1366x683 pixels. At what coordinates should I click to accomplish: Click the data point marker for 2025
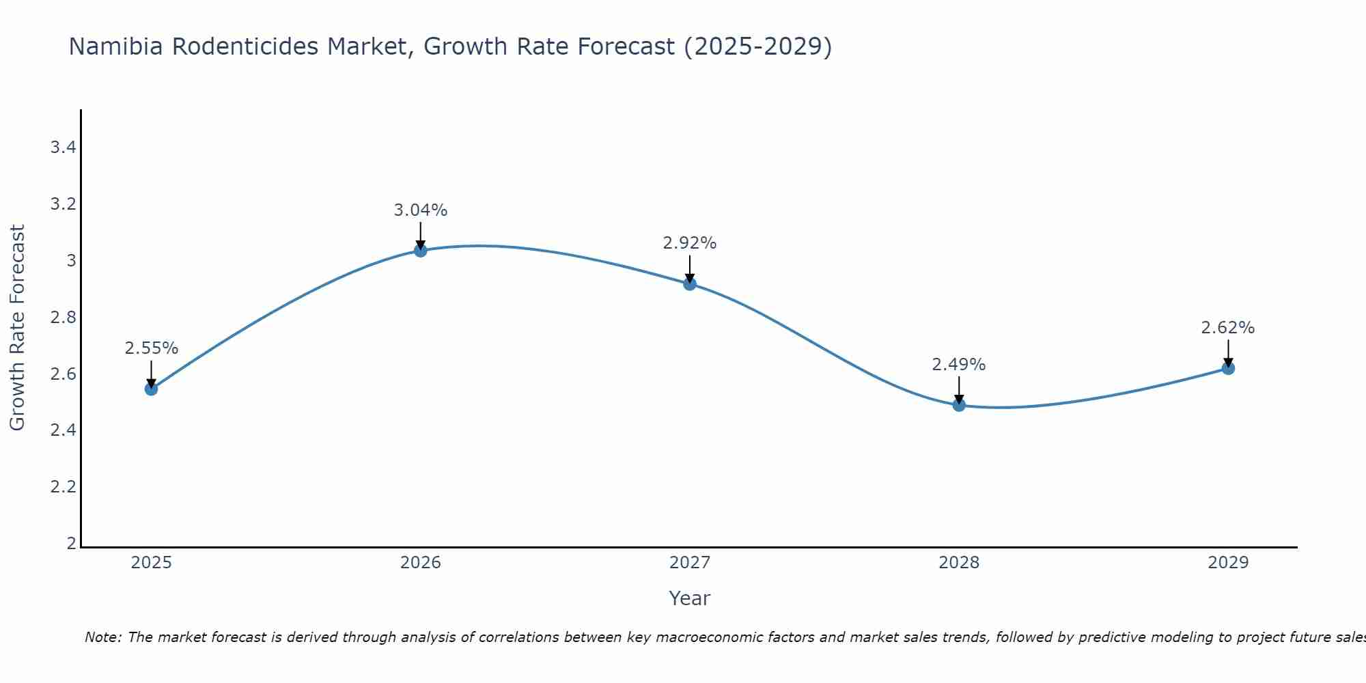[151, 389]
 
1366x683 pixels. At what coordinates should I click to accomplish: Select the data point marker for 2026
[421, 251]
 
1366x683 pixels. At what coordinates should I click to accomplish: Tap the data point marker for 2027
[690, 283]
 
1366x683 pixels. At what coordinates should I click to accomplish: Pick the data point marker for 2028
[959, 405]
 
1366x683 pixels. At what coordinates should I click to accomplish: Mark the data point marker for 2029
[1228, 368]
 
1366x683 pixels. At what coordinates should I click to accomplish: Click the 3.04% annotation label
[421, 210]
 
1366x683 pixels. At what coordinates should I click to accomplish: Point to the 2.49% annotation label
[959, 365]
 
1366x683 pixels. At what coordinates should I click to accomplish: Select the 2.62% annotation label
[1228, 328]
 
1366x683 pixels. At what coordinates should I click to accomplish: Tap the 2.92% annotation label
[690, 243]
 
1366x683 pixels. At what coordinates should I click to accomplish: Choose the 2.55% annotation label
[151, 348]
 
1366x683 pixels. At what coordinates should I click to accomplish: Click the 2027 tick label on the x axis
[690, 563]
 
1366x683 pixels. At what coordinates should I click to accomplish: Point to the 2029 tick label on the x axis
[1228, 563]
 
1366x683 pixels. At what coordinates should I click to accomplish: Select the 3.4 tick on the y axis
[63, 148]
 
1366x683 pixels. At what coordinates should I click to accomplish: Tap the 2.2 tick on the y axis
[63, 487]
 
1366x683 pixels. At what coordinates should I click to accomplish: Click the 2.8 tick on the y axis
[63, 318]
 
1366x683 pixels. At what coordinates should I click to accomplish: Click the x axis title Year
[690, 598]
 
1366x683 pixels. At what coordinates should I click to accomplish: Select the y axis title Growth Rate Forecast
[17, 328]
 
